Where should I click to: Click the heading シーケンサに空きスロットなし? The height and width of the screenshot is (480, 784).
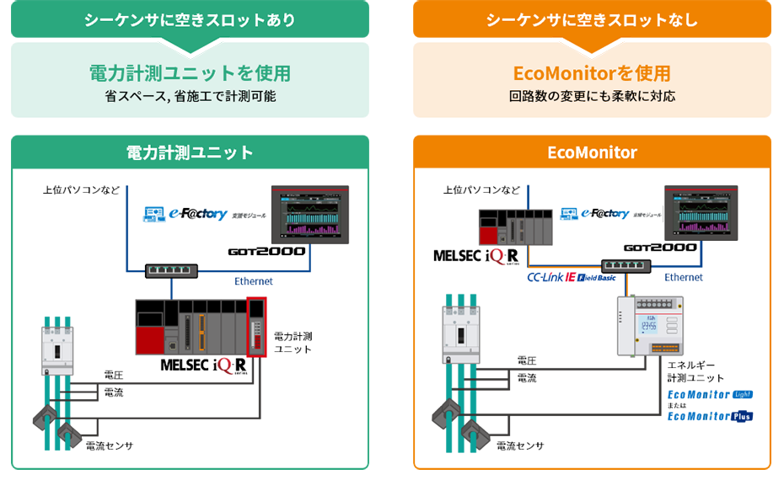tap(592, 20)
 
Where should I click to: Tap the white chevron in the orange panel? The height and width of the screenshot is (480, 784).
tap(592, 50)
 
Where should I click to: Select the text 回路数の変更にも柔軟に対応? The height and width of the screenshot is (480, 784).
tap(592, 97)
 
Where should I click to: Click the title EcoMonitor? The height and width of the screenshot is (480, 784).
tap(592, 152)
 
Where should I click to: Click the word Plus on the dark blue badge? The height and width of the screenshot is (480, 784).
tap(741, 416)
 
